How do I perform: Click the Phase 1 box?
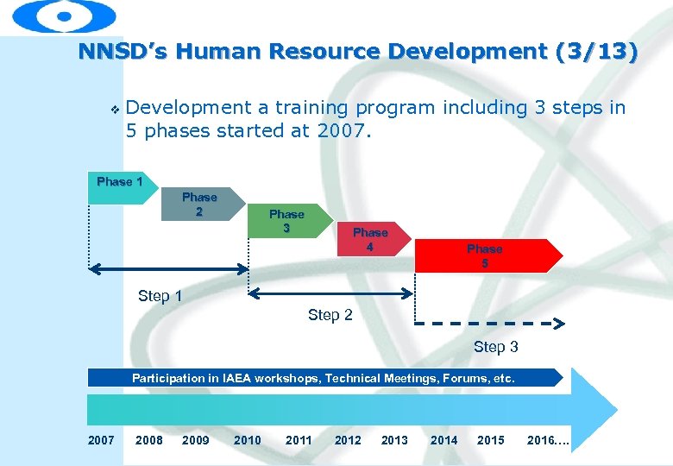point(119,187)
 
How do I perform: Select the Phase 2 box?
point(199,205)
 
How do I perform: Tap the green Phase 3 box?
point(286,221)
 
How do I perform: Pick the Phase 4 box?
point(369,239)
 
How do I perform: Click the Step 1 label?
point(160,296)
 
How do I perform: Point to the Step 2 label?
point(330,315)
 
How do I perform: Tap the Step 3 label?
point(495,347)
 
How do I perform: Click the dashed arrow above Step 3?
point(488,324)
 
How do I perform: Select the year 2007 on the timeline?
point(101,440)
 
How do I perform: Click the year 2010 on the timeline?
point(247,440)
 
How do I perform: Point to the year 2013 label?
point(394,440)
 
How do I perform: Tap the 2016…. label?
point(548,440)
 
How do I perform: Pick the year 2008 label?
point(149,440)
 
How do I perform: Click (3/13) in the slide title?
point(598,52)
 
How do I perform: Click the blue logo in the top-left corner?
point(65,16)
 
